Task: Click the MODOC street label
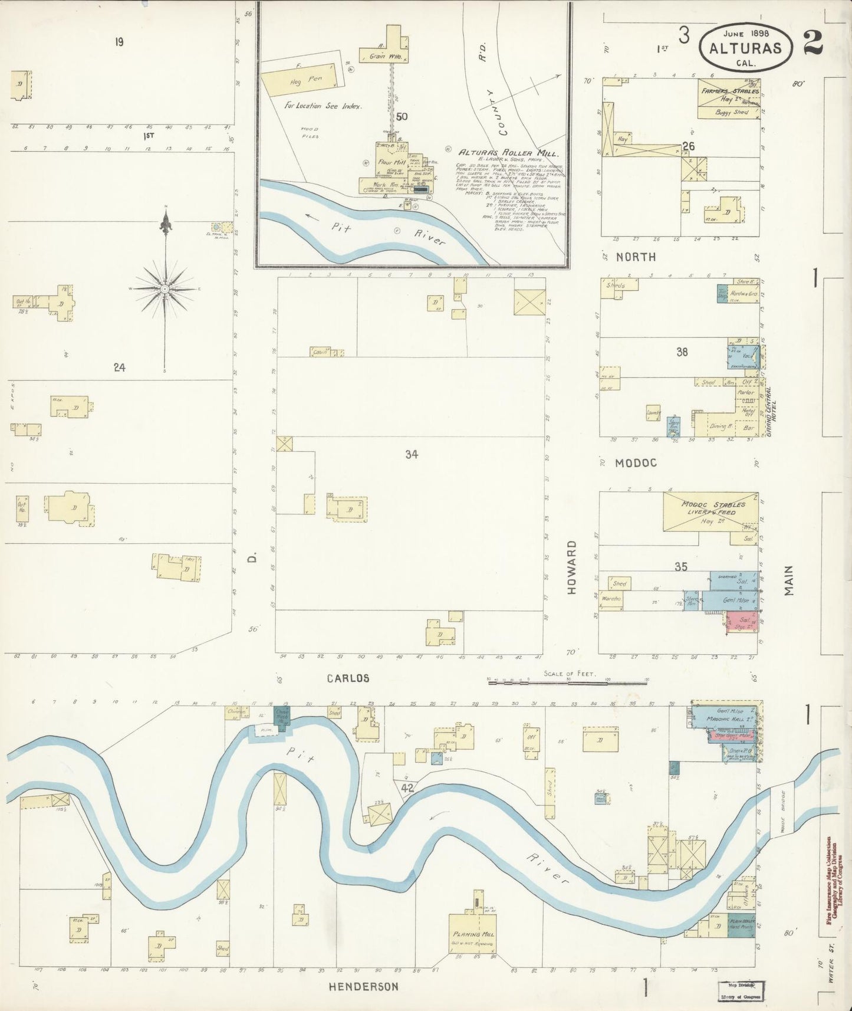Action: pos(636,463)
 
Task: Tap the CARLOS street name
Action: pos(348,678)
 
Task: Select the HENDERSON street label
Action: pos(363,986)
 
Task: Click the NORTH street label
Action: pos(636,257)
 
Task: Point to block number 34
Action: pos(412,454)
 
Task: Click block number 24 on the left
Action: pos(120,367)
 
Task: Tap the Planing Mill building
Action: pos(473,934)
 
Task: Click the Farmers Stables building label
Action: pos(729,91)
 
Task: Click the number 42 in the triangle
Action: pos(407,787)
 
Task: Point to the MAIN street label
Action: pos(789,581)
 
